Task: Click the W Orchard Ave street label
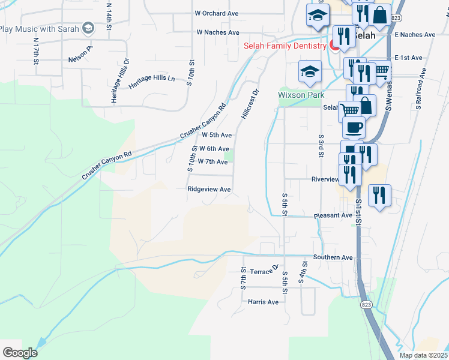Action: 217,13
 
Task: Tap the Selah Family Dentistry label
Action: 285,46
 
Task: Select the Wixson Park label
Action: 301,95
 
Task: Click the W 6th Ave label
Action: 214,149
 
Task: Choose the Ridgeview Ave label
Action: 209,189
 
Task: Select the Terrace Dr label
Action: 265,270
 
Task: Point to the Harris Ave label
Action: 263,302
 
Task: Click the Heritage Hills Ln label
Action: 152,82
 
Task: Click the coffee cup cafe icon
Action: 354,127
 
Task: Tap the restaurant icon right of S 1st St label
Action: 379,196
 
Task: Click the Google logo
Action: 20,353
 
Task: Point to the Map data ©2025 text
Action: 423,355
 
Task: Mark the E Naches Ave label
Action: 415,35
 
